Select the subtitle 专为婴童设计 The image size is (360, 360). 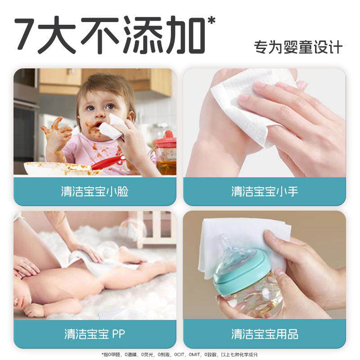(298, 47)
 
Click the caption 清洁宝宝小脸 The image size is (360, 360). (94, 191)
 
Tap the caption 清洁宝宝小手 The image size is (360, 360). (265, 191)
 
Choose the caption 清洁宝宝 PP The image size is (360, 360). (94, 334)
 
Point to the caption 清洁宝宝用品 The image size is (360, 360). (265, 334)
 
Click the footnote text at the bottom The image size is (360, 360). (180, 355)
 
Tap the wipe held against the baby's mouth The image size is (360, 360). (112, 127)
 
